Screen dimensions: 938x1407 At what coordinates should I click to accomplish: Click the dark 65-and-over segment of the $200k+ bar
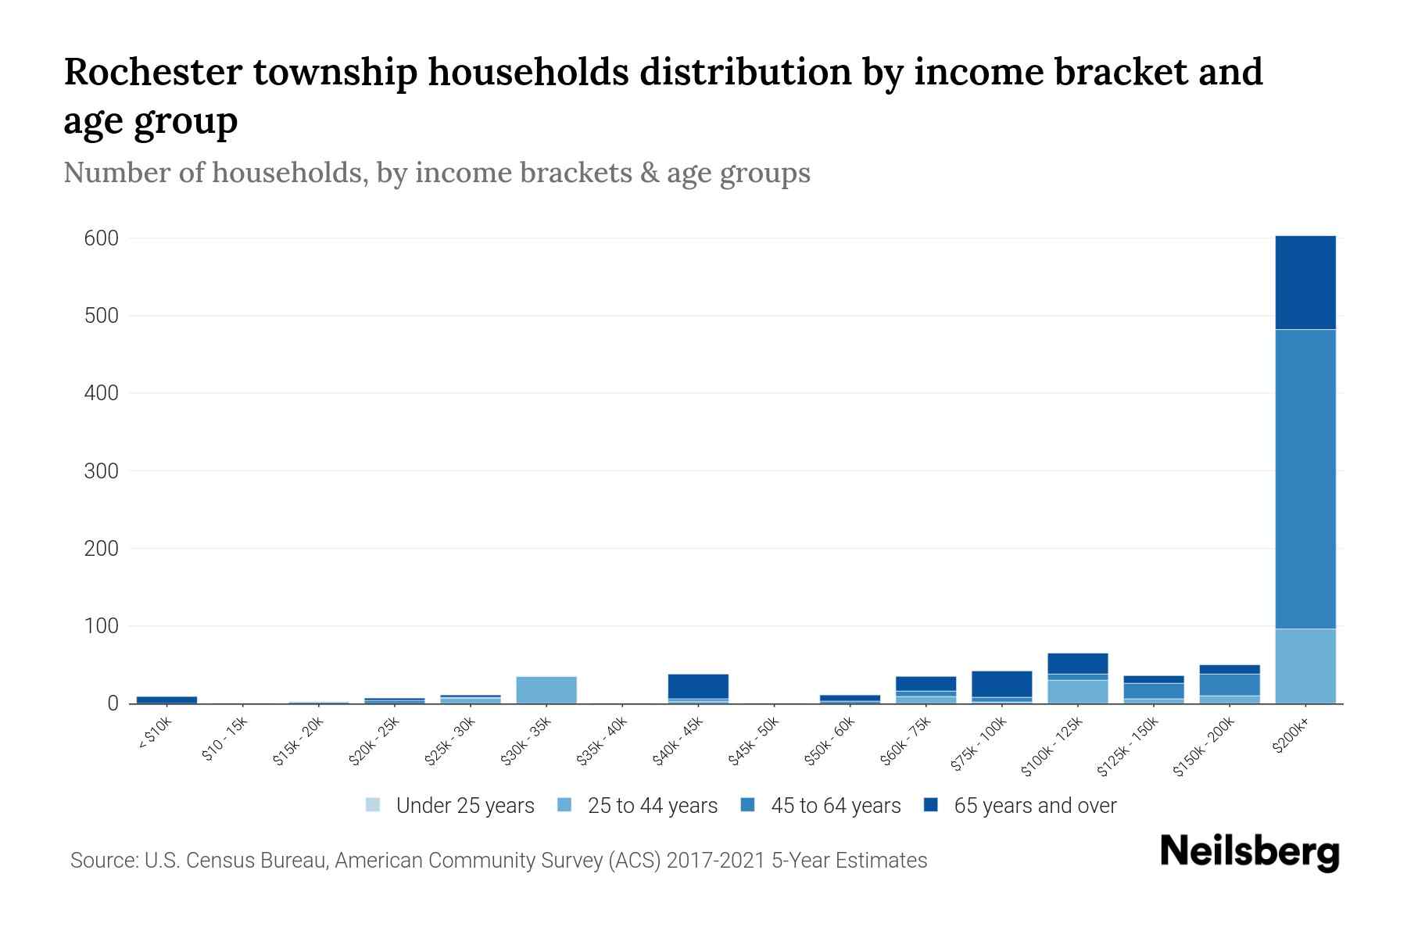(x=1305, y=282)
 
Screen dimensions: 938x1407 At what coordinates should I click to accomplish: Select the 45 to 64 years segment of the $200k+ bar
(x=1305, y=478)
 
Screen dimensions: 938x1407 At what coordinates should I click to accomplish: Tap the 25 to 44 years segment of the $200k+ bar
(x=1305, y=666)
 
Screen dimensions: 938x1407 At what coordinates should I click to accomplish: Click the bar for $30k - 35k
(x=546, y=689)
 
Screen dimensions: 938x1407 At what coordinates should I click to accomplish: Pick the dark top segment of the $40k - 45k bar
(x=698, y=686)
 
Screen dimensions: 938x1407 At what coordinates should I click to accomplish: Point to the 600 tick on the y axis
(x=102, y=238)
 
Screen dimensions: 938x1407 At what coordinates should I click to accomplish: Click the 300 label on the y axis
(x=102, y=471)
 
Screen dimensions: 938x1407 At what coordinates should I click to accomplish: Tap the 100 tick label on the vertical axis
(x=102, y=626)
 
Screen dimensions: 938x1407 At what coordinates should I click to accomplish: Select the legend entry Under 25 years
(x=464, y=806)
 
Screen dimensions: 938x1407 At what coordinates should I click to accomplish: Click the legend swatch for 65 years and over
(x=931, y=805)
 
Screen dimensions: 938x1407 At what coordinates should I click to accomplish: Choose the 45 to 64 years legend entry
(x=835, y=806)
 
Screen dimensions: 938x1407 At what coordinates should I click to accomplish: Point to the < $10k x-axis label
(x=156, y=734)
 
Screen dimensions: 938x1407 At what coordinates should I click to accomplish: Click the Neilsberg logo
(x=1249, y=851)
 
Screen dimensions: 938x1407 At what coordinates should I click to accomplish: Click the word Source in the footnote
(x=102, y=861)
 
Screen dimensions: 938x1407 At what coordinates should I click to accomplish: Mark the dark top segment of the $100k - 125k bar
(x=1077, y=663)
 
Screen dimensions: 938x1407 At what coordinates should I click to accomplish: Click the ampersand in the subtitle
(x=649, y=173)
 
